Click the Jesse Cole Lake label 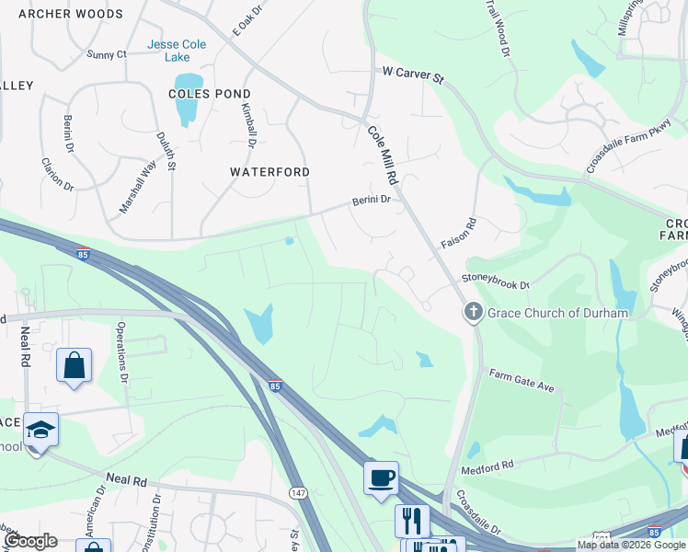(177, 52)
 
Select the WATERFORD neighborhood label (269, 172)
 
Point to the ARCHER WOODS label (70, 14)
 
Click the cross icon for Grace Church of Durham (474, 313)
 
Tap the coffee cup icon (381, 478)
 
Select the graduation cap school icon (40, 430)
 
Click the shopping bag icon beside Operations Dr (74, 365)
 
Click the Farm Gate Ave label (522, 380)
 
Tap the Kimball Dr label (247, 127)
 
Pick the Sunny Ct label (106, 54)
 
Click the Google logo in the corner (29, 542)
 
